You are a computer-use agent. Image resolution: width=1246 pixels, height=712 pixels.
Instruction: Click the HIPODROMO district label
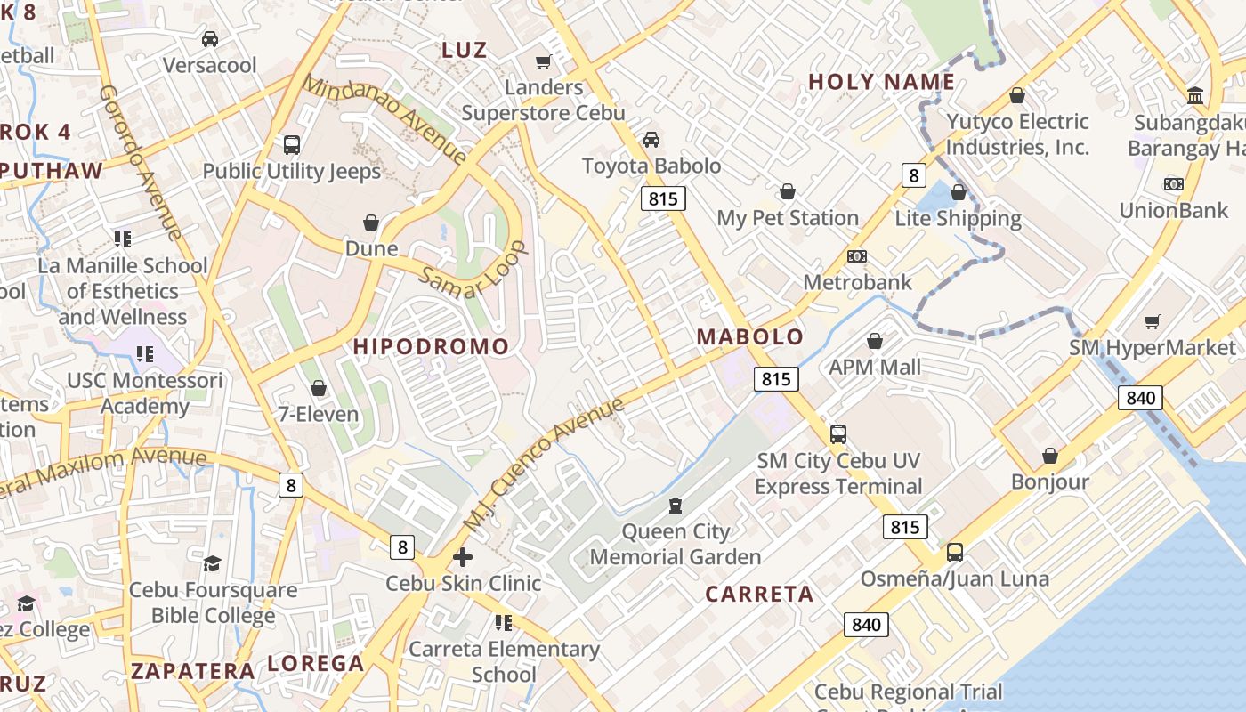(432, 346)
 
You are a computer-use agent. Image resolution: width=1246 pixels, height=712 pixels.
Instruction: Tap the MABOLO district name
(750, 337)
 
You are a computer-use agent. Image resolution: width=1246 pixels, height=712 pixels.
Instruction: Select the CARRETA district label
(759, 595)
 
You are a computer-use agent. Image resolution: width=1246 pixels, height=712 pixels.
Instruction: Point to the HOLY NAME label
(881, 83)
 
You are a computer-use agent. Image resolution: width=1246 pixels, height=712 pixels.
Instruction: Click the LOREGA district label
(316, 663)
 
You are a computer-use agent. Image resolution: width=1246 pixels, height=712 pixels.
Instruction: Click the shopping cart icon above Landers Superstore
(543, 61)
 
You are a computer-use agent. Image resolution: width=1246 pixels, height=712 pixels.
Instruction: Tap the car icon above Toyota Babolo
(651, 140)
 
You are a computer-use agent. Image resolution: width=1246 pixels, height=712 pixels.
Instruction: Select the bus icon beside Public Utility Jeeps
(291, 145)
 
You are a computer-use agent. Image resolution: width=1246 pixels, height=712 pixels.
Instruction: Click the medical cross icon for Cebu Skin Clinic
(463, 557)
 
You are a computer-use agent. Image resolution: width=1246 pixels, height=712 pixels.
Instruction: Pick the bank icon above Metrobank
(857, 256)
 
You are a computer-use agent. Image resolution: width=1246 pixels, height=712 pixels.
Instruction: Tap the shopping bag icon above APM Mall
(875, 341)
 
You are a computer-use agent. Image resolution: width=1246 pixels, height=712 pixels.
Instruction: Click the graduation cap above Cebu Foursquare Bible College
(212, 563)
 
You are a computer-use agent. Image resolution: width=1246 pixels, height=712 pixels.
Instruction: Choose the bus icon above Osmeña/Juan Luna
(955, 553)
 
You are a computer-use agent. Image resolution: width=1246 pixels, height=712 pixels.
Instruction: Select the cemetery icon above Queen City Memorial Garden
(676, 506)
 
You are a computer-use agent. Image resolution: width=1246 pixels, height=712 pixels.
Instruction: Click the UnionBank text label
(1173, 211)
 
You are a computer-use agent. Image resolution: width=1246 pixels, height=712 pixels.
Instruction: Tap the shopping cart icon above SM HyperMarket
(1153, 321)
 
